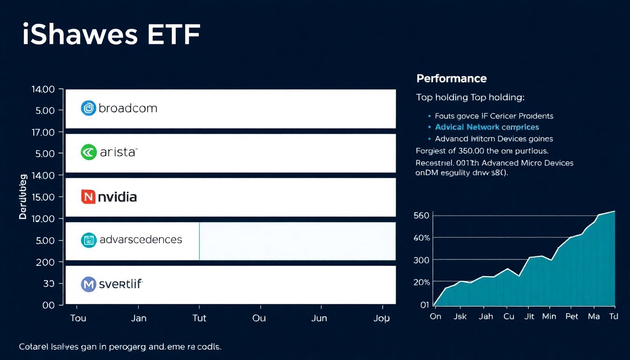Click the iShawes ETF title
point(111,35)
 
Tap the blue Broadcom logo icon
point(88,108)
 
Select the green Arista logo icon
point(88,152)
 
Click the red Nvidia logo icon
point(88,196)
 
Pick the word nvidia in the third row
point(117,197)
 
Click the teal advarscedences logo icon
point(88,240)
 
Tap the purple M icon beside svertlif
point(88,284)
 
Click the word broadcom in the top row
point(127,108)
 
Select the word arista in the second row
point(118,152)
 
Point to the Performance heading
point(451,79)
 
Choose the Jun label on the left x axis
point(319,318)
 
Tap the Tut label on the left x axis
point(199,318)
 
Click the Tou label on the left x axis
point(78,318)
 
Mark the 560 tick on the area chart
point(421,216)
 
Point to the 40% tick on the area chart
point(421,238)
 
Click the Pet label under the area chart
point(571,316)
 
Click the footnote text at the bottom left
point(120,347)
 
